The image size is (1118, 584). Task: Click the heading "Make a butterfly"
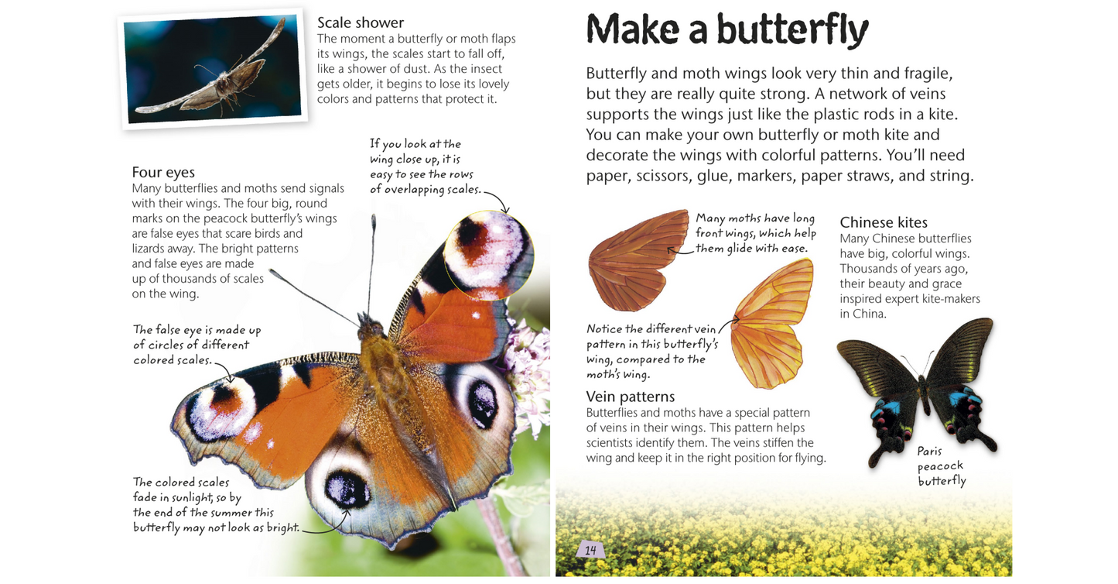727,30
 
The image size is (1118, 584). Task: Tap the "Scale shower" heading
360,22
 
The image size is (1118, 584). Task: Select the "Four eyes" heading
163,172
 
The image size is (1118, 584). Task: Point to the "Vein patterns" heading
631,397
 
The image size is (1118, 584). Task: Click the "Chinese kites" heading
884,222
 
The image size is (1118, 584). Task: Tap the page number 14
590,550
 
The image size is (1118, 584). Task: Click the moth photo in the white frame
213,69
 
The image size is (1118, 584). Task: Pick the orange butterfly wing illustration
772,324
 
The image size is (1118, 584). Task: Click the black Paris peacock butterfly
917,387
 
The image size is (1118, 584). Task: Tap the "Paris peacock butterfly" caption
942,465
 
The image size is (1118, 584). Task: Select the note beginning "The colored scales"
203,505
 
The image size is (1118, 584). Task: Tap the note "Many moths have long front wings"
754,233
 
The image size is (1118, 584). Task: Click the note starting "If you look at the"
425,167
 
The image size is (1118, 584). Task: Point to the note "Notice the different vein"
651,351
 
